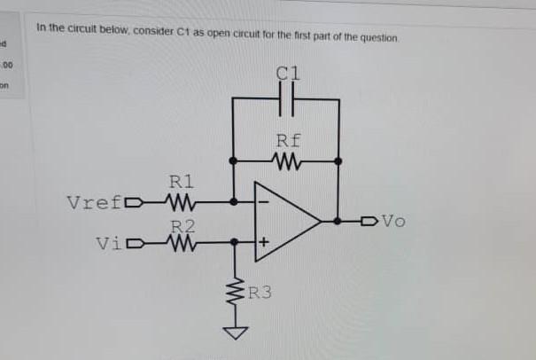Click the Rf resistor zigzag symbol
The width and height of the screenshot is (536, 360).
coord(285,161)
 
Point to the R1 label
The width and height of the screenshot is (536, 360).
coord(181,182)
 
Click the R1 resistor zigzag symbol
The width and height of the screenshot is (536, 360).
coord(181,201)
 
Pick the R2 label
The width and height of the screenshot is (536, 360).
coord(182,226)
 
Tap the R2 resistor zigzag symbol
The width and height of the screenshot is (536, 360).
coord(181,241)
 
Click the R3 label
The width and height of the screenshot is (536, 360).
coord(260,291)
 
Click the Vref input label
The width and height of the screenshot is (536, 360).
coord(97,201)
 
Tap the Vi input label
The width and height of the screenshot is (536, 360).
coord(112,241)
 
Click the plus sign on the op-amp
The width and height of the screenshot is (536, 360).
coord(263,241)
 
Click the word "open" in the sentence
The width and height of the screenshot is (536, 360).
coord(224,38)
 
